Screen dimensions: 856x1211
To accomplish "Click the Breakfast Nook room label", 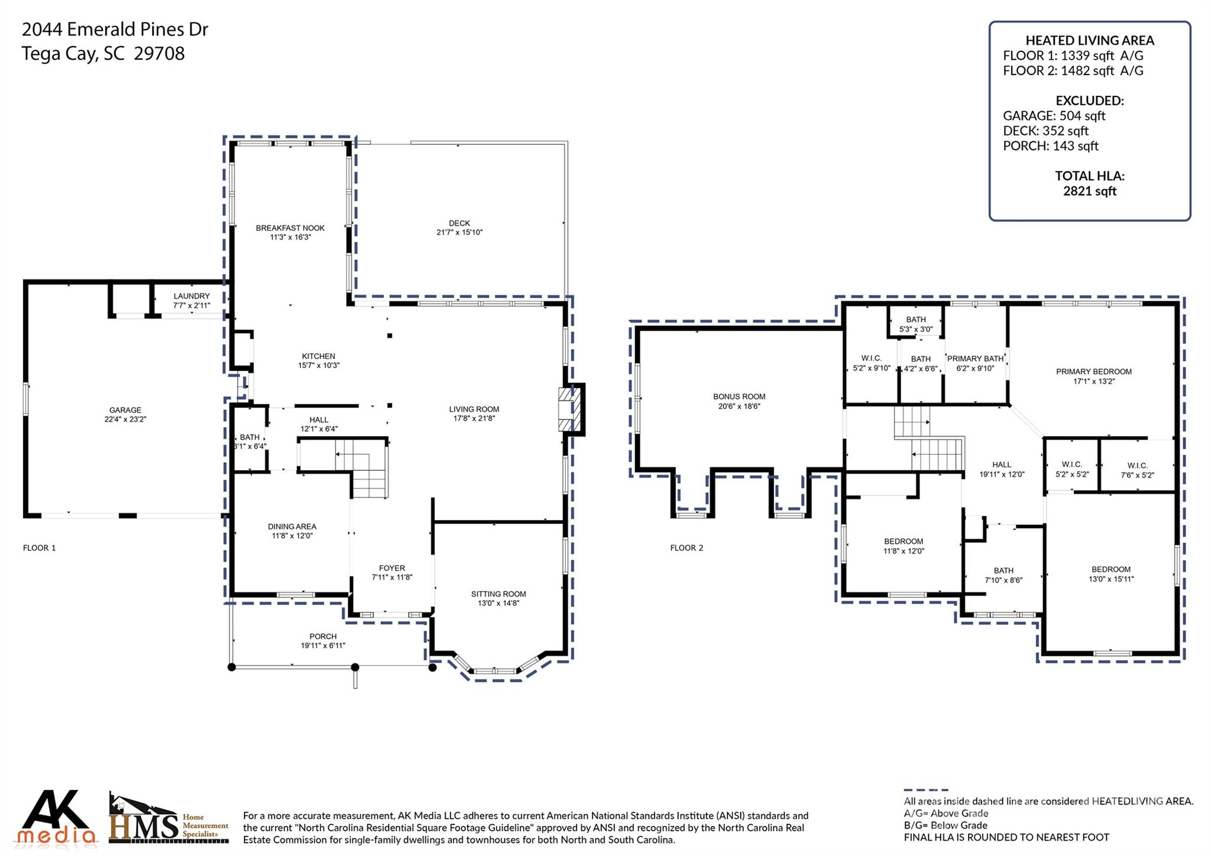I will [x=290, y=228].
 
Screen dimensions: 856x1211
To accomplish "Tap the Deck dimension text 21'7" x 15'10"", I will [x=459, y=232].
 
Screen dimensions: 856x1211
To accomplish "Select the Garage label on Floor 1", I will [x=125, y=410].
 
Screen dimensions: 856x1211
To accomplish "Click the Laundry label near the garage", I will [x=192, y=296].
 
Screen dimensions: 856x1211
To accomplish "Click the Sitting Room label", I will [x=498, y=594].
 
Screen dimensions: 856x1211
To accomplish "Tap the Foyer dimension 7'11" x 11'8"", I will [x=391, y=577].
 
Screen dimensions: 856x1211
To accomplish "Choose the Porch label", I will [x=323, y=637].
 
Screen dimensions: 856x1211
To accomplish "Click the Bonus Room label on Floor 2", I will [x=739, y=396].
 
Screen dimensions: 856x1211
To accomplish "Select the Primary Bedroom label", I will [x=1093, y=372].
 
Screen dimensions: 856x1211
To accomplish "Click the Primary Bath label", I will [x=975, y=358].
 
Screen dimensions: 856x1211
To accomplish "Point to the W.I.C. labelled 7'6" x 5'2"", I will [x=1137, y=466].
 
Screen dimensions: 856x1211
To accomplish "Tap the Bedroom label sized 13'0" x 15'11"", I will [x=1110, y=569].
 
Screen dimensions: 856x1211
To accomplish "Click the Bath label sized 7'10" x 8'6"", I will [x=1003, y=571].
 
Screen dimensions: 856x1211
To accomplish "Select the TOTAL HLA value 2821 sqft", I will [x=1089, y=191].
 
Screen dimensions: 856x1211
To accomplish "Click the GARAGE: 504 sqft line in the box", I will [x=1054, y=116].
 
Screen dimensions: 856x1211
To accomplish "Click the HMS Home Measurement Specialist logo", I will [x=169, y=819].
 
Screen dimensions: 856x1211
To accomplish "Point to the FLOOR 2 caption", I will [x=687, y=548].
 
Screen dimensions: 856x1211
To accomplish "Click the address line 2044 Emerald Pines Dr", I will [x=115, y=29].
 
